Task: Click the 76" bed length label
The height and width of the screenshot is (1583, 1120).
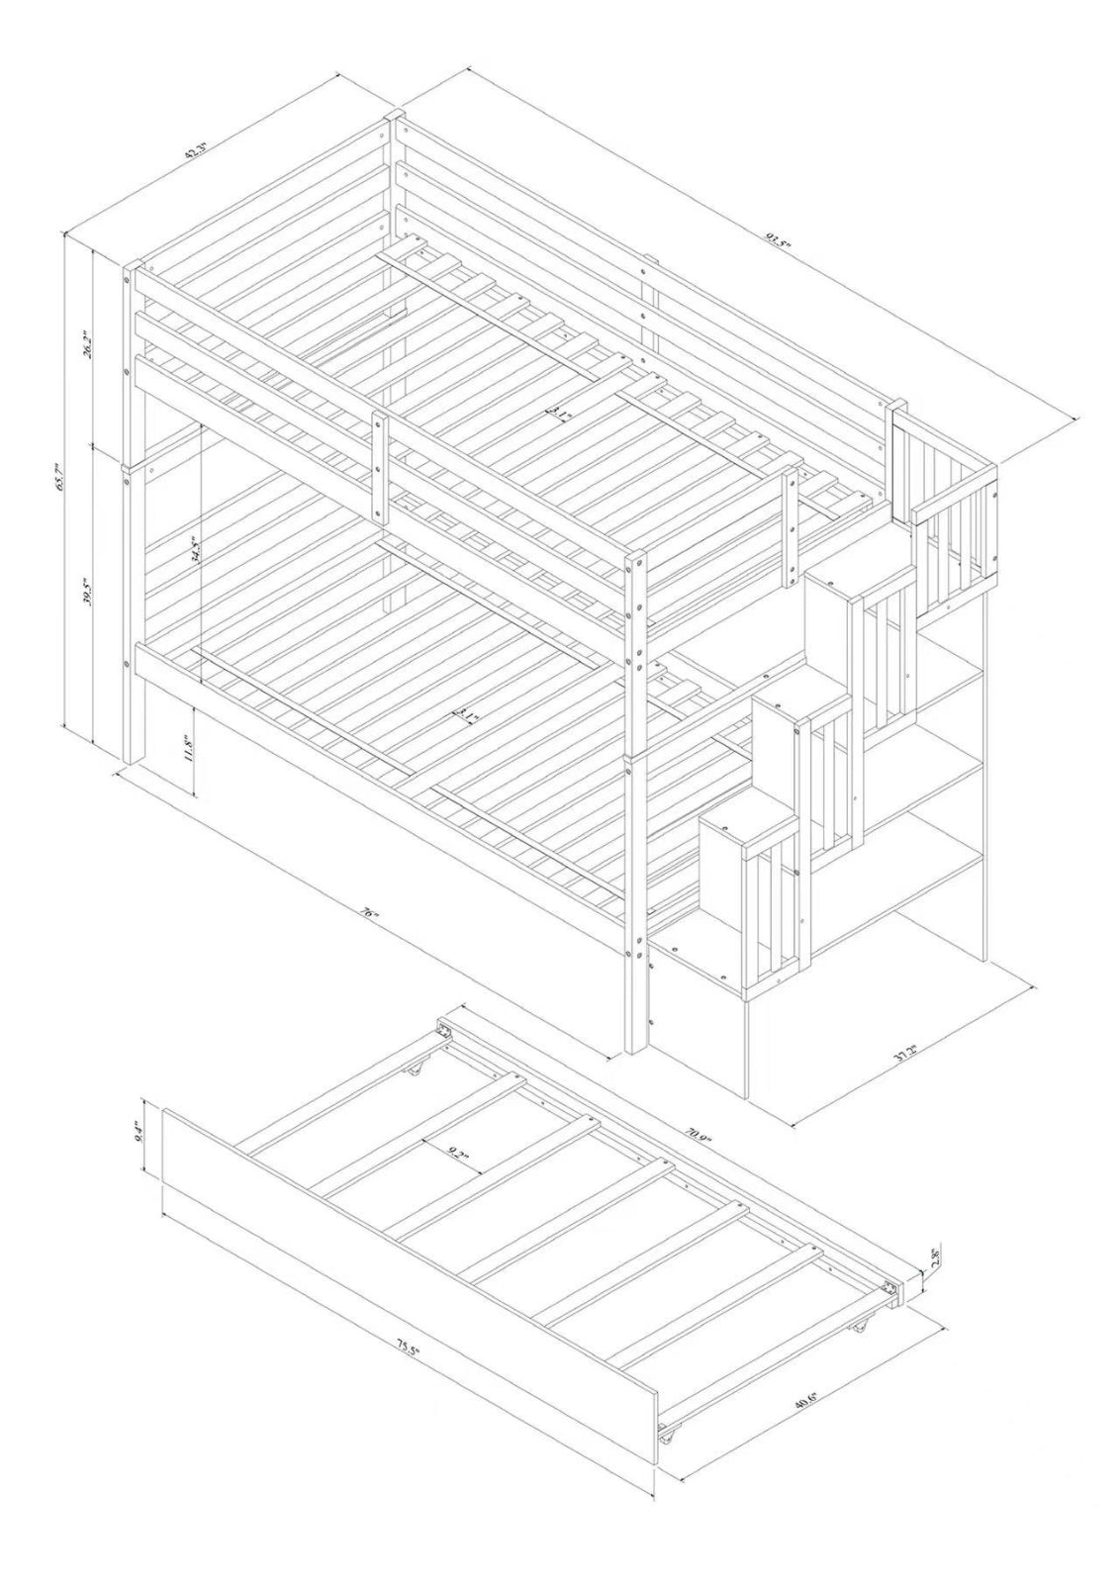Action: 371,915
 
